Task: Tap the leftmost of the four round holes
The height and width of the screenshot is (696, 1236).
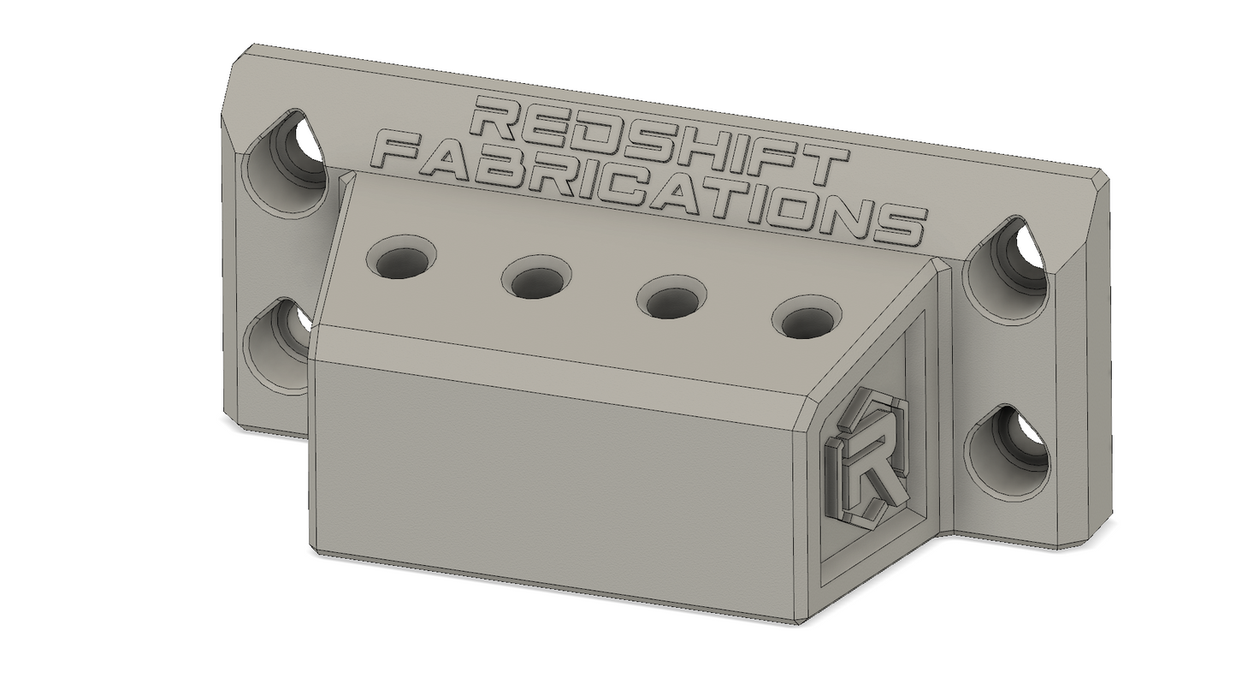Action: (401, 258)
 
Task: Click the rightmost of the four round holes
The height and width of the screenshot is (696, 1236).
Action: (807, 318)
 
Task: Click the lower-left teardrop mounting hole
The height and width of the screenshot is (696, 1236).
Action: (276, 347)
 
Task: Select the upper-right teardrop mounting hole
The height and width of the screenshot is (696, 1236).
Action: (1005, 272)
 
